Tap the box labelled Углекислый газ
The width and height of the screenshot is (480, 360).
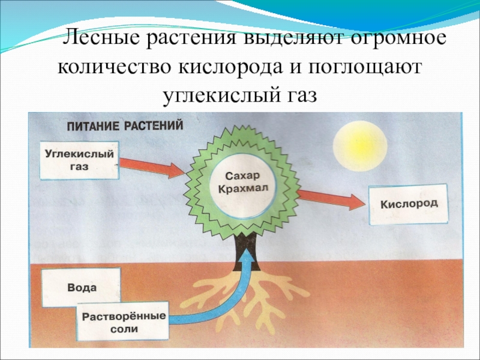point(80,160)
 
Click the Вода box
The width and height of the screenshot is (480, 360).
point(81,287)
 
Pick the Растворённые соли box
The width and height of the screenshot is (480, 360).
point(124,323)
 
